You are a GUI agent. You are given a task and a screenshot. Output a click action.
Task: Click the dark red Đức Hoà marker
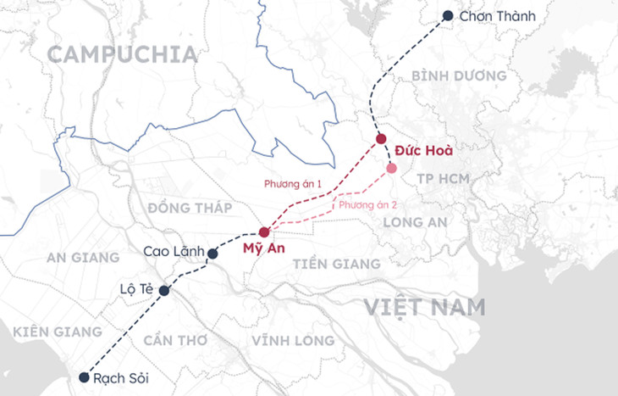pyautogui.click(x=381, y=139)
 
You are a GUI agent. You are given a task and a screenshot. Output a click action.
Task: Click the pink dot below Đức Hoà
pyautogui.click(x=391, y=168)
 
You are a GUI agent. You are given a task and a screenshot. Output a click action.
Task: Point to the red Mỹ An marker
pyautogui.click(x=264, y=231)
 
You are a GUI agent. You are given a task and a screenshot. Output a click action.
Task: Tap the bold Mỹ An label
pyautogui.click(x=263, y=248)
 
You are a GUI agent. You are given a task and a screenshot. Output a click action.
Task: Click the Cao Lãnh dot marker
pyautogui.click(x=212, y=253)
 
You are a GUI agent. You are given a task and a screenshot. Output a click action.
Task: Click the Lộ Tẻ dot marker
pyautogui.click(x=164, y=291)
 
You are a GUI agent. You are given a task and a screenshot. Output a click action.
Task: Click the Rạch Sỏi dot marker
pyautogui.click(x=84, y=377)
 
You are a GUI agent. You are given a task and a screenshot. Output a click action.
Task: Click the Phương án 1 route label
pyautogui.click(x=293, y=183)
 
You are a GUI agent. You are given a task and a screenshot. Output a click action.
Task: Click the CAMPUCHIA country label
pyautogui.click(x=122, y=55)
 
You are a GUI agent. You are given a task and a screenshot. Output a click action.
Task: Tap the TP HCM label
pyautogui.click(x=444, y=179)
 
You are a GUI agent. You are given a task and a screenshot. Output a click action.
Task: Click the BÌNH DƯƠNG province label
pyautogui.click(x=459, y=75)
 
